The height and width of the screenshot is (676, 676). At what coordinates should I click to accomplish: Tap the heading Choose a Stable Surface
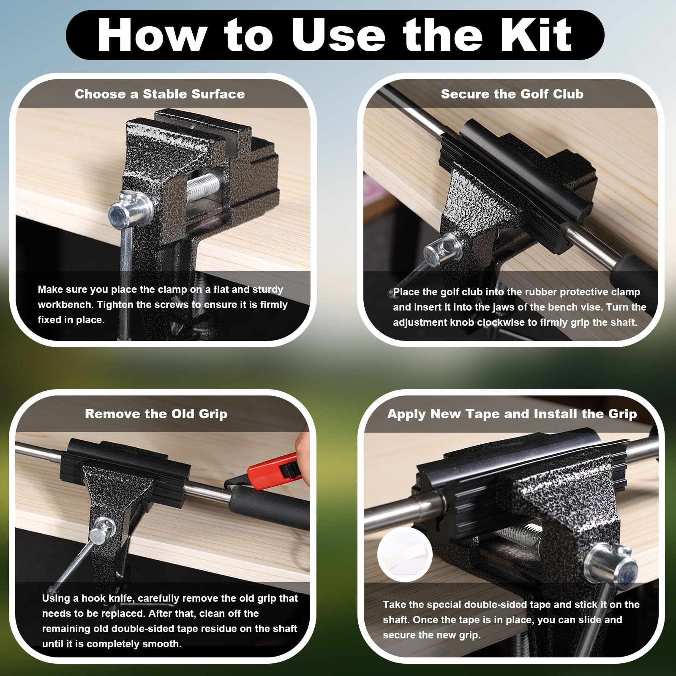[160, 94]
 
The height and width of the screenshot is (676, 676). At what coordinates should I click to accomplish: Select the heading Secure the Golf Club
[512, 94]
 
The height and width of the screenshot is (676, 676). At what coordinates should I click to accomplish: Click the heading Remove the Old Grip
[156, 414]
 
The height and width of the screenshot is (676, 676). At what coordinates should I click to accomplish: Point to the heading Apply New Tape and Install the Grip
[512, 414]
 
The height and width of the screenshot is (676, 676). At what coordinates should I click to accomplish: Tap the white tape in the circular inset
[405, 553]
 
